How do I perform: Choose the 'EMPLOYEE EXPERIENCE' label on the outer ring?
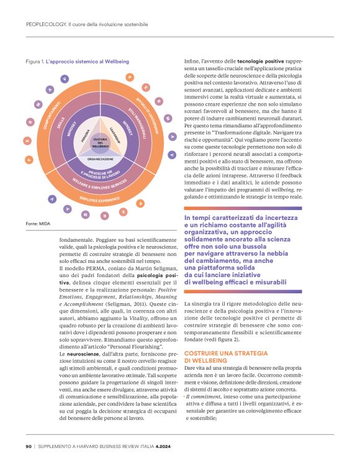click(x=101, y=200)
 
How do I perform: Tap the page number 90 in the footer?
click(x=29, y=446)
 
